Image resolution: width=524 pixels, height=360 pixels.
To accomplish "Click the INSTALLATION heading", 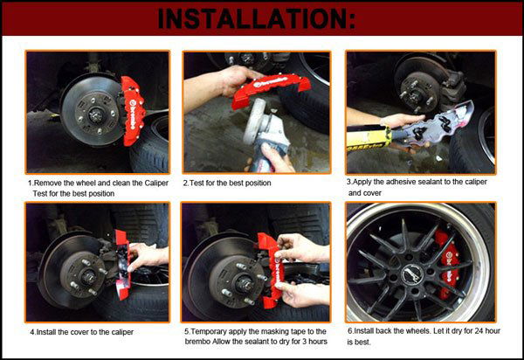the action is click(x=256, y=18).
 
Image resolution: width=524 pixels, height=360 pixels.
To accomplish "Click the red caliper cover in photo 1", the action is click(x=133, y=111).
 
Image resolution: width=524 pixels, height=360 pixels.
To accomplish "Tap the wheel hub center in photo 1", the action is click(x=96, y=115).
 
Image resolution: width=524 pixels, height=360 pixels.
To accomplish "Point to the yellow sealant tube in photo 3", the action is click(x=369, y=136).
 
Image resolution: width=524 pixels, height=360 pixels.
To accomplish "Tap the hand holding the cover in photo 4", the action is click(x=148, y=256).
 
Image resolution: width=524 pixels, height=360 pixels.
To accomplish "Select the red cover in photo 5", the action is click(x=270, y=270).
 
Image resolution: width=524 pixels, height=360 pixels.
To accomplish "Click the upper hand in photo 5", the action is click(x=302, y=248).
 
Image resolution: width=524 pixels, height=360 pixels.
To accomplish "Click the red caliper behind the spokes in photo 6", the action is click(x=447, y=265).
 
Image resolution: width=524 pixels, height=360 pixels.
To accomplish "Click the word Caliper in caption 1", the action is click(x=156, y=183).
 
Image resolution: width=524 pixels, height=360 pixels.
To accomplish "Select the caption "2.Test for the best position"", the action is click(x=227, y=183).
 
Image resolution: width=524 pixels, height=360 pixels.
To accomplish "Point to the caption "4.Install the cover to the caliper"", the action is click(x=82, y=332).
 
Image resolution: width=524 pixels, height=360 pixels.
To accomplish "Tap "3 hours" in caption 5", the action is click(x=314, y=342).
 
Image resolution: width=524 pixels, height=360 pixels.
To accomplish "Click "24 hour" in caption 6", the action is click(x=486, y=331).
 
